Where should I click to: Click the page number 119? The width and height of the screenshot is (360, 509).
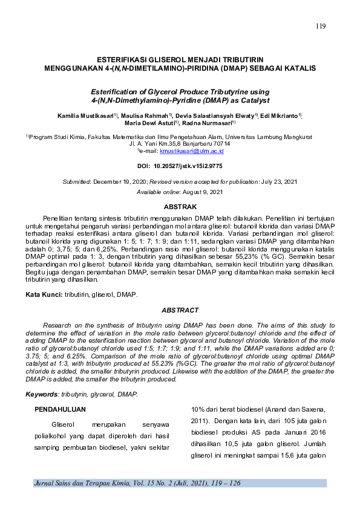pyautogui.click(x=321, y=26)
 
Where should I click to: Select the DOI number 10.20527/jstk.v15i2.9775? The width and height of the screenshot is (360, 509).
pyautogui.click(x=190, y=166)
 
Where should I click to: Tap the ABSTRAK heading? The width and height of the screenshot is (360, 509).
pyautogui.click(x=180, y=207)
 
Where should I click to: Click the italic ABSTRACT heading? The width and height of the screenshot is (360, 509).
pyautogui.click(x=180, y=310)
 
